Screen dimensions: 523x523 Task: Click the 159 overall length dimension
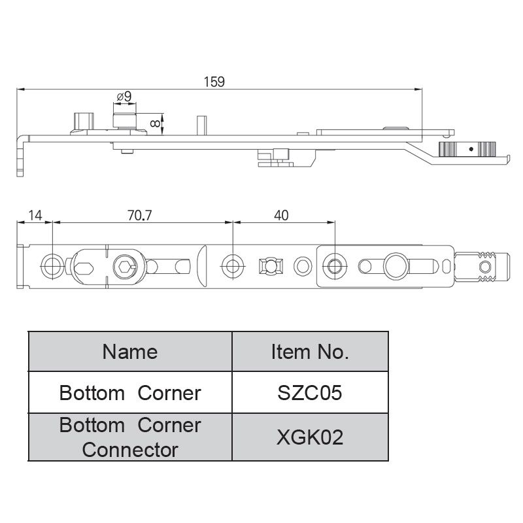coord(214,82)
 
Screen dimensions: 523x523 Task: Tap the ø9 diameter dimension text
coord(124,96)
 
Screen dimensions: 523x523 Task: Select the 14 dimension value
coord(35,215)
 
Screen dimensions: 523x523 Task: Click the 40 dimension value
coord(282,215)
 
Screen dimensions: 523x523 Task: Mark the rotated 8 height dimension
coord(154,122)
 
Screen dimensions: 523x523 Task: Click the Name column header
coord(130,352)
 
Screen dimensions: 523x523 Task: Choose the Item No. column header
coord(310,352)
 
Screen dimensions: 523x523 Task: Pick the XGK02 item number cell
coord(310,437)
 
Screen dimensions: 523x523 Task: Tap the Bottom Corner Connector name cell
coord(130,437)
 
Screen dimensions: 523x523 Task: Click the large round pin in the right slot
coord(396,265)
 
